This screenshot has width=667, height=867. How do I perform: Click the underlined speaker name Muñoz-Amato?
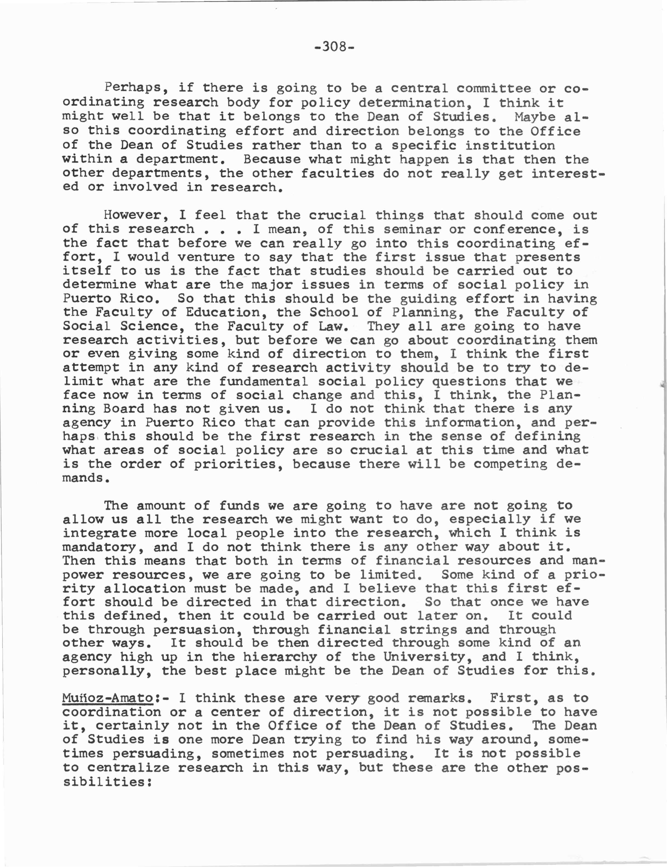coord(108,698)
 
